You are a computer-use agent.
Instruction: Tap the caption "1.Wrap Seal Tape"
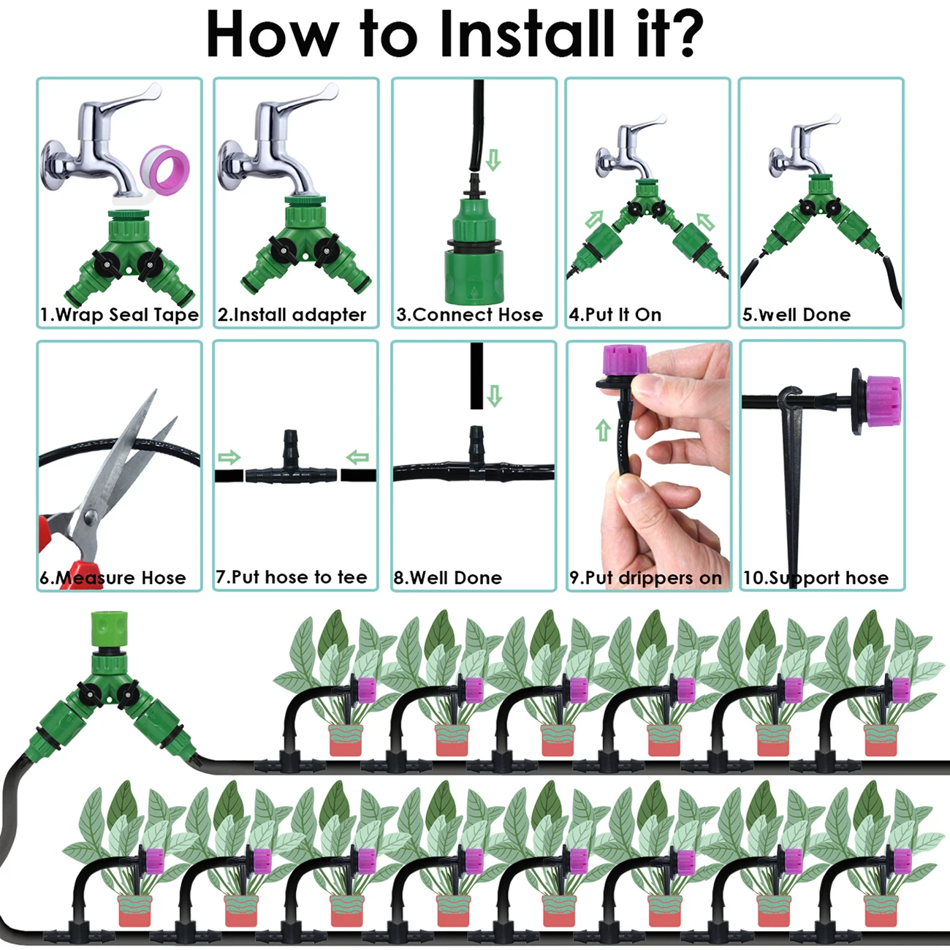pyautogui.click(x=119, y=315)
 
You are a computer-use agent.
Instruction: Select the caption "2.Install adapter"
pyautogui.click(x=292, y=315)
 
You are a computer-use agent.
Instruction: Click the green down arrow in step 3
pyautogui.click(x=493, y=160)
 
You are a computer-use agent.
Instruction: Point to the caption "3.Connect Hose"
pyautogui.click(x=469, y=315)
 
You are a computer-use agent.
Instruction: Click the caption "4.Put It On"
pyautogui.click(x=615, y=315)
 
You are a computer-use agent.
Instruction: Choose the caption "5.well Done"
pyautogui.click(x=796, y=315)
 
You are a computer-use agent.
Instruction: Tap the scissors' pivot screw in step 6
pyautogui.click(x=91, y=517)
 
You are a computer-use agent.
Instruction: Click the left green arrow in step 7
pyautogui.click(x=229, y=458)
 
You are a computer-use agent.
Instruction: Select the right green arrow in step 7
pyautogui.click(x=357, y=458)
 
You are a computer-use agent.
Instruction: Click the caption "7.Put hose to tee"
pyautogui.click(x=291, y=577)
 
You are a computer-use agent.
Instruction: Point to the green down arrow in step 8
pyautogui.click(x=495, y=396)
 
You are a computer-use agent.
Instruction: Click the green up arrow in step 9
pyautogui.click(x=603, y=430)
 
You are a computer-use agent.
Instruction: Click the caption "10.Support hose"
pyautogui.click(x=816, y=578)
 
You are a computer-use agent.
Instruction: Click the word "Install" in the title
pyautogui.click(x=525, y=34)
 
